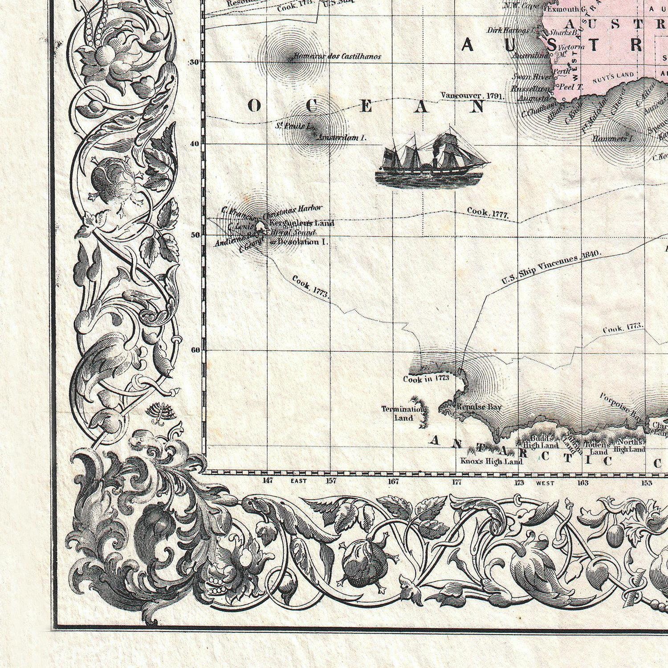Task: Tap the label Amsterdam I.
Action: click(342, 138)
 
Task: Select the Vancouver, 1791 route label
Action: click(472, 96)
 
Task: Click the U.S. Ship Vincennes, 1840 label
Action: click(551, 267)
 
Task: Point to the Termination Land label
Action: click(403, 413)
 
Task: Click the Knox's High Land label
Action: click(491, 461)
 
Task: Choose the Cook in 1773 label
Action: click(426, 379)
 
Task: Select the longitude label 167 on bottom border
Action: click(394, 481)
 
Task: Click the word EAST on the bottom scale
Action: click(298, 481)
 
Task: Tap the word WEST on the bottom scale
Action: click(545, 483)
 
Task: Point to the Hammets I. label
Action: click(608, 139)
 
